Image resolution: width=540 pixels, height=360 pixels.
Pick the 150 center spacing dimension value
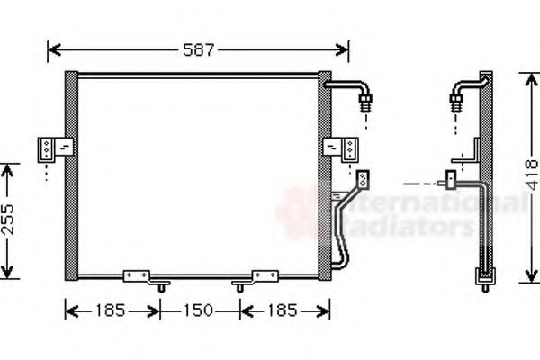(200, 311)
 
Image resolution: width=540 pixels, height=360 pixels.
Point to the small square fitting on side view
(449, 180)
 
